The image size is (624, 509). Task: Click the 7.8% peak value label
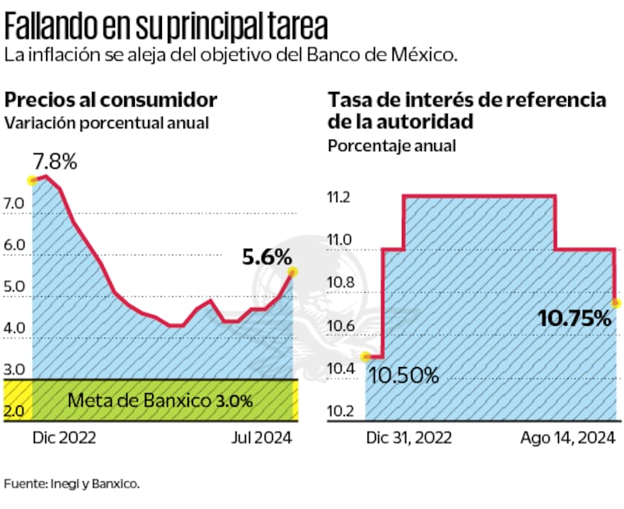(55, 161)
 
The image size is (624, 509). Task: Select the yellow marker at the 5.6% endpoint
(293, 272)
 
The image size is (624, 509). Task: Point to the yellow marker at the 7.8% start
(33, 180)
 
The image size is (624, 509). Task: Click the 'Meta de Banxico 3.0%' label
(160, 401)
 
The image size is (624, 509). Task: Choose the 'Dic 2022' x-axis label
(64, 438)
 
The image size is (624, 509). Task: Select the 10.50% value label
(403, 376)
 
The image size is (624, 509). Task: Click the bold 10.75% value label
(575, 317)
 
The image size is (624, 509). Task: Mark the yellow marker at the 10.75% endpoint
(616, 304)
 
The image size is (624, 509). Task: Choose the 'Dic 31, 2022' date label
(409, 438)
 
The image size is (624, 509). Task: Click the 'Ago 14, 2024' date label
(568, 438)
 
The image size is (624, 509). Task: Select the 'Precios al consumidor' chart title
(111, 100)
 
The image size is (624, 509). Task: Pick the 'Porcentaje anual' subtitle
(391, 146)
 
